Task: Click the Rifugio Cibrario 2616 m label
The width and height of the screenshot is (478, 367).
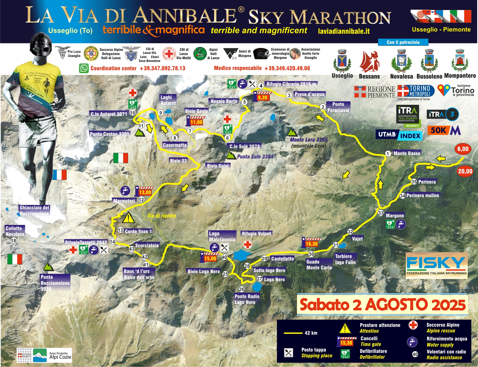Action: (291, 84)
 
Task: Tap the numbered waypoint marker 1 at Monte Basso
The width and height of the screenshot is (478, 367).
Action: (388, 153)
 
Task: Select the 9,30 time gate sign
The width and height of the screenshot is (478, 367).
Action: (262, 97)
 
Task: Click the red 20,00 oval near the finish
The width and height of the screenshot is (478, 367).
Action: (465, 171)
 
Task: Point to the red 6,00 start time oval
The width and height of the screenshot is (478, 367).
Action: (463, 149)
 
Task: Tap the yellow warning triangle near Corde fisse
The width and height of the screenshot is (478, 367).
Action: (128, 218)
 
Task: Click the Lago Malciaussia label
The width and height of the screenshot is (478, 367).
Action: (222, 236)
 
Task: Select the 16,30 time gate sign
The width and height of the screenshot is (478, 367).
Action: (311, 243)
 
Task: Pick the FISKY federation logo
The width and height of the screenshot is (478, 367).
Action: (436, 265)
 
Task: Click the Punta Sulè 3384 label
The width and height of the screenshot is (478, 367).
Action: (255, 157)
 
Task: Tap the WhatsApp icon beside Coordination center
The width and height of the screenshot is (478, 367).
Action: (84, 68)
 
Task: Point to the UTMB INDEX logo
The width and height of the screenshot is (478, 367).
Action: (399, 135)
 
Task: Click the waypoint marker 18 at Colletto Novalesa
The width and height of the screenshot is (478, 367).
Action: (14, 240)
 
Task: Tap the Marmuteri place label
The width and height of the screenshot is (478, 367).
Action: (124, 201)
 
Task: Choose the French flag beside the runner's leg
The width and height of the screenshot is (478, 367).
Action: (60, 175)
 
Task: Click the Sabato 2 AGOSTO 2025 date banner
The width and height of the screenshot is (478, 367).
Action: (382, 305)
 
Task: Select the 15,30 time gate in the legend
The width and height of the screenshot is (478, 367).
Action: (346, 342)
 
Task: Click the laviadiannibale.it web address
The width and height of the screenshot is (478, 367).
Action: (344, 31)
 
